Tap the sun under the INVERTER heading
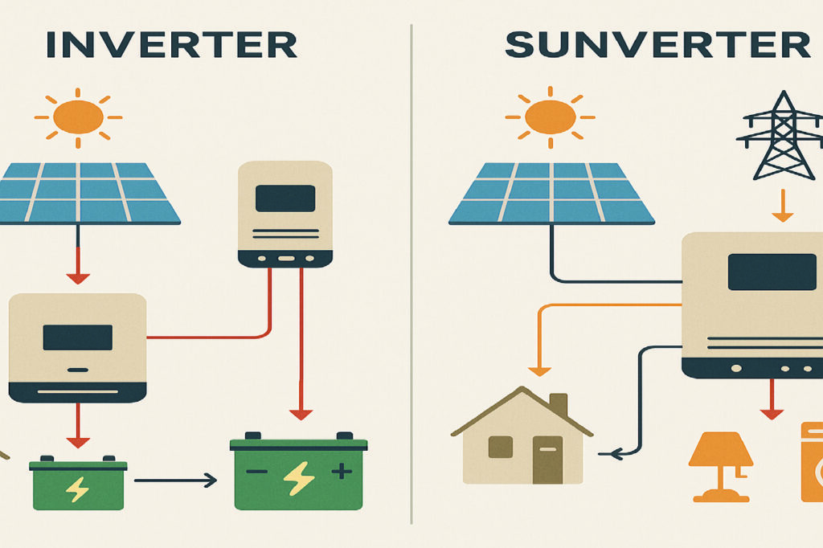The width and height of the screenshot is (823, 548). tap(78, 117)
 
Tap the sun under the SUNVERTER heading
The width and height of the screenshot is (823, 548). tap(550, 117)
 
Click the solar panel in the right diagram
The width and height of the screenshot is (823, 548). tap(551, 192)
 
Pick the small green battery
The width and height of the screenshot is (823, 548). tap(78, 484)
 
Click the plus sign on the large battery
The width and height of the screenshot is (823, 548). tap(342, 472)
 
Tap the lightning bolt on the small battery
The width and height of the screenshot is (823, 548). tap(78, 489)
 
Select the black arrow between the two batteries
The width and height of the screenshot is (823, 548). tap(175, 481)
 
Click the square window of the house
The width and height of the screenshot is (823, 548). tap(500, 447)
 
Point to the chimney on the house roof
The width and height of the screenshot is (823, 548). tap(558, 404)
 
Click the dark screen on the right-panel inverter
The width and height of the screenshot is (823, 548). tap(771, 272)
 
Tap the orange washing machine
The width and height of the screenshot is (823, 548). tap(812, 462)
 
